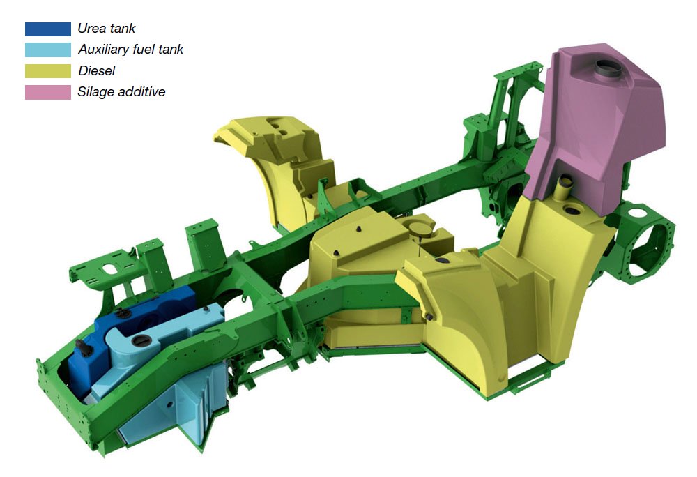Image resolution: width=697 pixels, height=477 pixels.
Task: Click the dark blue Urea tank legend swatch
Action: (x=48, y=29)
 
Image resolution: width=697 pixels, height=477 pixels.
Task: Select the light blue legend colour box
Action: (x=48, y=50)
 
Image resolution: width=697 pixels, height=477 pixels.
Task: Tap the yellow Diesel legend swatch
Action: (x=48, y=71)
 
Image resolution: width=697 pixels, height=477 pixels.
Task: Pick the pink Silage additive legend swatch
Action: (x=48, y=92)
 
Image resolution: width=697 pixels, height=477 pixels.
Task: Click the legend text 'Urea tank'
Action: (x=106, y=29)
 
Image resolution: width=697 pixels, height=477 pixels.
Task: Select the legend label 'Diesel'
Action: (x=96, y=70)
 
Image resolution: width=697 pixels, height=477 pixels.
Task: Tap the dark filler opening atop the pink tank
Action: (x=606, y=68)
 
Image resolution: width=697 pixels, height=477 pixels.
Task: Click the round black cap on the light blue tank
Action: (x=141, y=341)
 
